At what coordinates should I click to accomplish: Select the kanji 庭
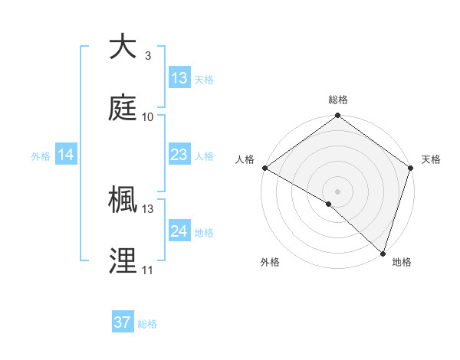(x=123, y=108)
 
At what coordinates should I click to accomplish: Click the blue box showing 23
(x=179, y=155)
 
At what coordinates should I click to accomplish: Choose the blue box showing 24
(x=179, y=231)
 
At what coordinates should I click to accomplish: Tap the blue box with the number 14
(x=66, y=155)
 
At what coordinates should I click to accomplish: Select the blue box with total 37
(x=123, y=322)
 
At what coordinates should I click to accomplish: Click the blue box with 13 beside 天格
(x=179, y=77)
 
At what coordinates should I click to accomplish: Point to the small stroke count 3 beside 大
(x=147, y=56)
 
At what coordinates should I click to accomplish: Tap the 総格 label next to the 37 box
(x=147, y=324)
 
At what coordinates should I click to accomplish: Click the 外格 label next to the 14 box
(x=41, y=156)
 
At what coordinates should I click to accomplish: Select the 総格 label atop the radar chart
(x=338, y=100)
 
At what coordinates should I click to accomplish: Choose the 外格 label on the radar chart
(x=270, y=262)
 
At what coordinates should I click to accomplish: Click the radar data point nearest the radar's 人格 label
(x=264, y=168)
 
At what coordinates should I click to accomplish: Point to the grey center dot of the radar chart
(x=337, y=191)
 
